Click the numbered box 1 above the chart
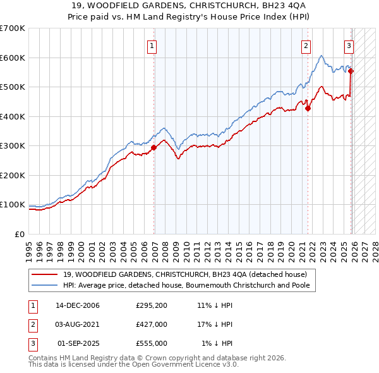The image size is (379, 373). (153, 45)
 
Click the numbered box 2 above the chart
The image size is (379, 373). (306, 45)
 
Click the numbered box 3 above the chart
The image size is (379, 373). (349, 45)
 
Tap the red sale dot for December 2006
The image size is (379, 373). (153, 148)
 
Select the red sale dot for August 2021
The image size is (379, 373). (308, 108)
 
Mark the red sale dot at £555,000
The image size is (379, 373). (351, 71)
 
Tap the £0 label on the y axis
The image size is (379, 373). (19, 234)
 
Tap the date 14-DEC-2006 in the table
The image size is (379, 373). (78, 305)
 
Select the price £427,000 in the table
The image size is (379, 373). (152, 324)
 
